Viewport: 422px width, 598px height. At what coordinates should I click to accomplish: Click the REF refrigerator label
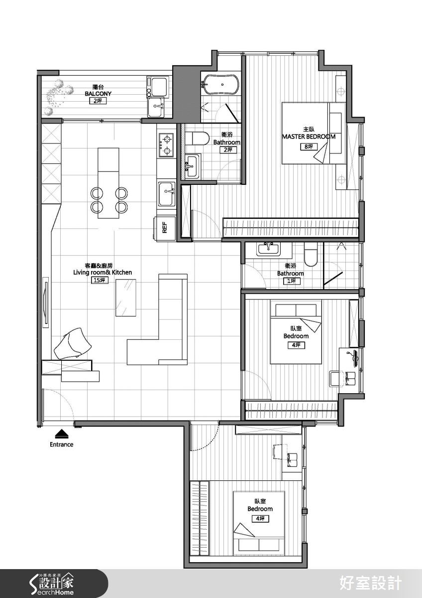tap(165, 227)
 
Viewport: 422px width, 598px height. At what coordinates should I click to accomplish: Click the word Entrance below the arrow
tap(61, 445)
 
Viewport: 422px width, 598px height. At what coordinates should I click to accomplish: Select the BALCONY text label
tap(98, 94)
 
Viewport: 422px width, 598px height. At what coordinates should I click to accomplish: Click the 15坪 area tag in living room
tap(100, 280)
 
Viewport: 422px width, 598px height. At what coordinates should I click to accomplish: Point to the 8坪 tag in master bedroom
tap(309, 147)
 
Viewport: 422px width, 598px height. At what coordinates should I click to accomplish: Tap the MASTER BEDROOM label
tap(309, 137)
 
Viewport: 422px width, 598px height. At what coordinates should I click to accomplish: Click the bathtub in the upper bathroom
tap(221, 84)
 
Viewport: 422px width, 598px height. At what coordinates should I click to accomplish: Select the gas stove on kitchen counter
tap(166, 145)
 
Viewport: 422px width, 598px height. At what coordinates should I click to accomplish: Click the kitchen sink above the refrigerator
tap(167, 194)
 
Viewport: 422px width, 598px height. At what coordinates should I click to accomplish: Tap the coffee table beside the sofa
tap(126, 298)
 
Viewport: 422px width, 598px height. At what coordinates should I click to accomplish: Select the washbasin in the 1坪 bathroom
tap(268, 249)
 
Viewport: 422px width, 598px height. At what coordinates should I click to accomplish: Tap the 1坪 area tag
tap(292, 281)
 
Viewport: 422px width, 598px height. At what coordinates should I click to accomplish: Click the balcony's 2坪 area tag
tap(98, 101)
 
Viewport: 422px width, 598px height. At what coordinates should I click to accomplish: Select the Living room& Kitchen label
tap(103, 272)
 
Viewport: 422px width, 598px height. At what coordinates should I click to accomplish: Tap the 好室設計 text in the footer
tap(370, 583)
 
